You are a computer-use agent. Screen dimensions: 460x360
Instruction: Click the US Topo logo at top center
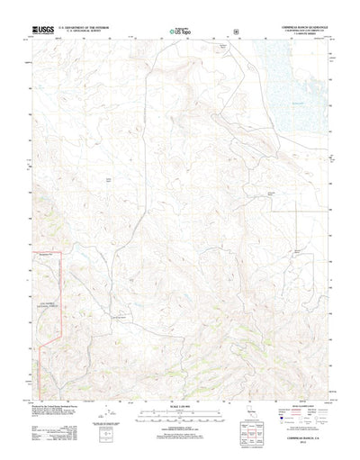180,33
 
